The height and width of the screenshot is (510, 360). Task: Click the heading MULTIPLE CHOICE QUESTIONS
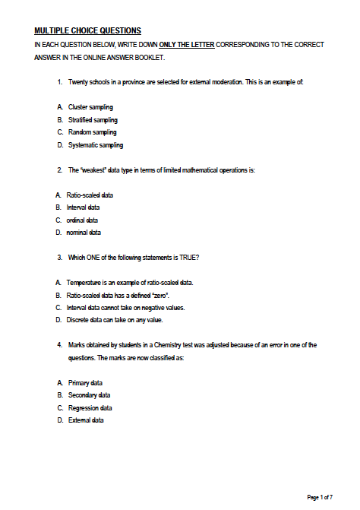87,30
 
